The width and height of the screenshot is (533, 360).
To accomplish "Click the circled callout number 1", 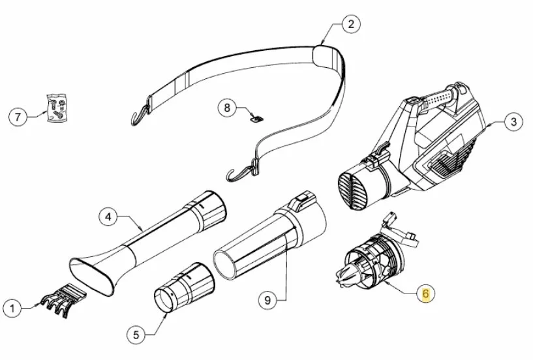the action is coord(12,308).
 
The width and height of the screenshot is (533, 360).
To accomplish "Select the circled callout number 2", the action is coord(350,24).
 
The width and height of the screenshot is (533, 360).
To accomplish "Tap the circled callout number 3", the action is coord(513,122).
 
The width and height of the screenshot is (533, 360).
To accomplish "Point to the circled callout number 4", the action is coord(108,217).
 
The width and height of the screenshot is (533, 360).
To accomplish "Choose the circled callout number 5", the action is coord(136,335).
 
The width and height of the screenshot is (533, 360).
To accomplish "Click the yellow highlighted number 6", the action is coord(425,293).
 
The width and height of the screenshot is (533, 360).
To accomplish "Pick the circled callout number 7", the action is coord(18,117).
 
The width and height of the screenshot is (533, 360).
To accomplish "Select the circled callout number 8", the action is coord(227,108).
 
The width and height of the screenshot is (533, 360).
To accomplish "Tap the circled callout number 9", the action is coord(267,301).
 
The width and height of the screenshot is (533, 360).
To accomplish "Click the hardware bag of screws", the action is coord(57,108).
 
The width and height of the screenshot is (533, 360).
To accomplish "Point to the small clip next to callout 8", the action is coord(257,119).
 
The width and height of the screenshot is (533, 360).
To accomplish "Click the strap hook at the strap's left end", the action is coord(140,114).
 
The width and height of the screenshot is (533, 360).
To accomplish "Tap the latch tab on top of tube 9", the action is coord(301,200).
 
